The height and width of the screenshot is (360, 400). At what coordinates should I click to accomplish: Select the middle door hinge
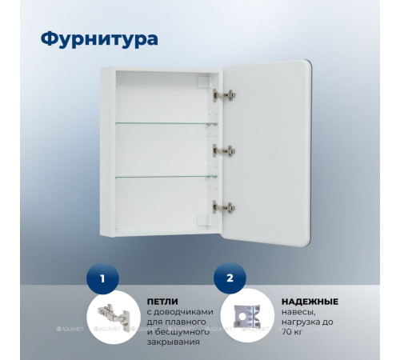224,150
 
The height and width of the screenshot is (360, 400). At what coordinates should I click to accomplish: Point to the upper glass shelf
166,123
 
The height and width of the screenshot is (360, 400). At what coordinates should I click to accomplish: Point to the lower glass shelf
166,176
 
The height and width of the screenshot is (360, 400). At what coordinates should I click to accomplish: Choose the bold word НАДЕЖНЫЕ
307,301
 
